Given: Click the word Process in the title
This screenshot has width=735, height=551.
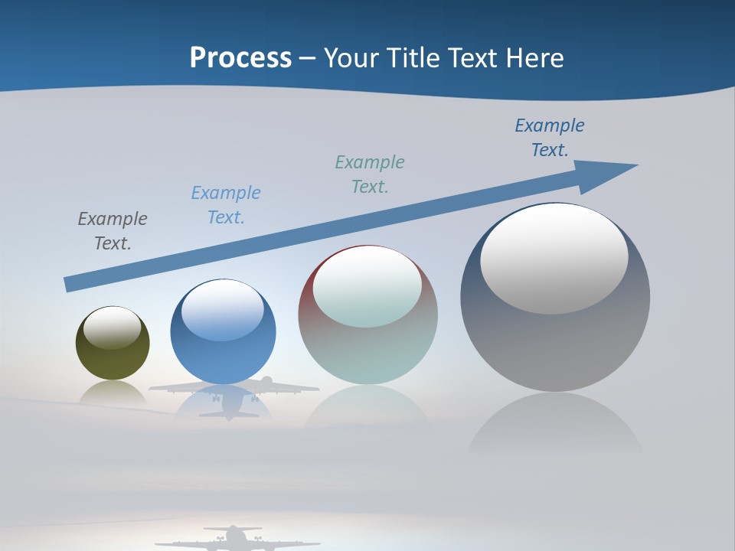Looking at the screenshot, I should (240, 58).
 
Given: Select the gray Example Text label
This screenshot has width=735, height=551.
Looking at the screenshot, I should (113, 231).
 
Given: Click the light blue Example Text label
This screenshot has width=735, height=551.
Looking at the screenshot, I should (226, 205).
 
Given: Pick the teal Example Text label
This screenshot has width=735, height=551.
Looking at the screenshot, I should (370, 174).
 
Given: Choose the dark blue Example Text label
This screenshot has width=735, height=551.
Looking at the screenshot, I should (550, 138).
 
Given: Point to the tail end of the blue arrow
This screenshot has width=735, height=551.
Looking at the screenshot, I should (70, 284).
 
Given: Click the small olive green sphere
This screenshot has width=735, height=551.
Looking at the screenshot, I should (113, 360).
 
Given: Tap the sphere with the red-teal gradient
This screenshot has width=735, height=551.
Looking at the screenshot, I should (367, 352).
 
